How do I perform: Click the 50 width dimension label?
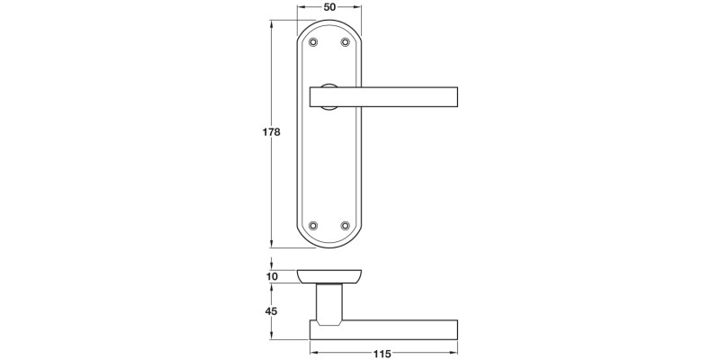pos(329,7)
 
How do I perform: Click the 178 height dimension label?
pos(271,132)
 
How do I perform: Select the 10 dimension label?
pos(273,276)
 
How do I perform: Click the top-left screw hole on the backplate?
pos(313,42)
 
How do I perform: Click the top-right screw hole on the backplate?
pos(345,42)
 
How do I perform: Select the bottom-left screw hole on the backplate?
pos(313,225)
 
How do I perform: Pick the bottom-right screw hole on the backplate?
pos(345,225)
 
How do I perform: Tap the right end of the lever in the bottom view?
pos(456,328)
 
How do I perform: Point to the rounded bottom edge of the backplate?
pos(329,245)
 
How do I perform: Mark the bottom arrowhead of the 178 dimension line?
pos(274,244)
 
